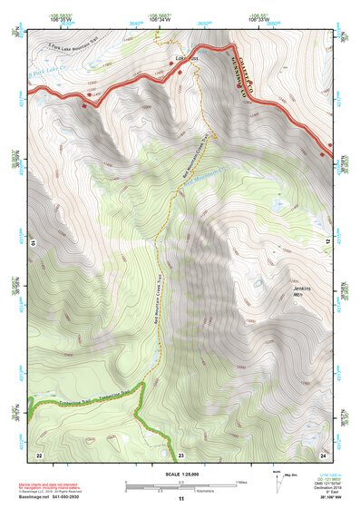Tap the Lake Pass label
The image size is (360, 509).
(x=185, y=62)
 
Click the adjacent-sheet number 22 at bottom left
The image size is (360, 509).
(x=39, y=454)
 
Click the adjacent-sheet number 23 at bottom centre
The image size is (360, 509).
(x=180, y=454)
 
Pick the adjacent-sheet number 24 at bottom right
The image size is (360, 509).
(x=322, y=454)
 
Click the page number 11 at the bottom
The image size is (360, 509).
(x=180, y=499)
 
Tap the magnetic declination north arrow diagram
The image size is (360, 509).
(x=275, y=478)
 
